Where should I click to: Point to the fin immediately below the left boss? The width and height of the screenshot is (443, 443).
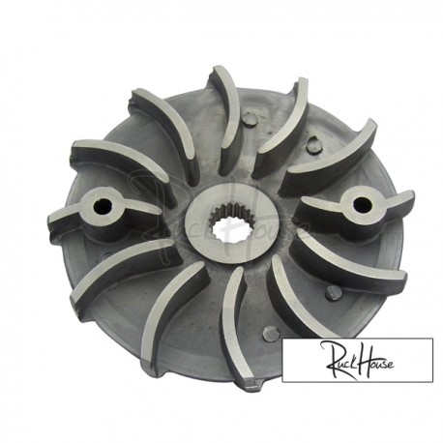pos(121,255)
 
